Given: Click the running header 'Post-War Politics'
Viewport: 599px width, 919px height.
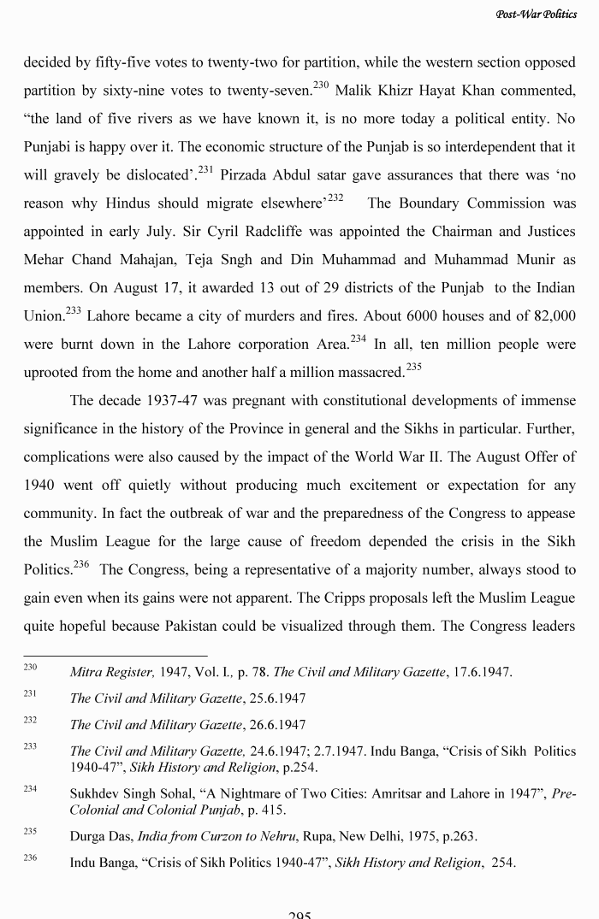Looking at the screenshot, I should [x=536, y=15].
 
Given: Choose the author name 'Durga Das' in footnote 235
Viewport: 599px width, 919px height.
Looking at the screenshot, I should [x=98, y=836].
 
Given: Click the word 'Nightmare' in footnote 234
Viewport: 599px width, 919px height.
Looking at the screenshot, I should [x=233, y=793].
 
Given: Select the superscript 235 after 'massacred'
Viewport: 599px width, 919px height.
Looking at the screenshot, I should [x=414, y=367].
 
